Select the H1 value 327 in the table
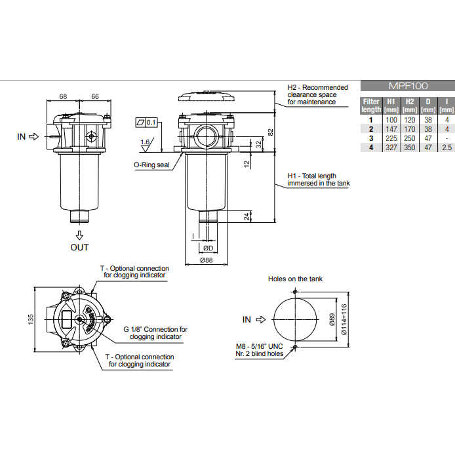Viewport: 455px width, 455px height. tap(391, 148)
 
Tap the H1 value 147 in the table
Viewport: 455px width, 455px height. tap(391, 130)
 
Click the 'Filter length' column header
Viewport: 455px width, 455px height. tap(371, 106)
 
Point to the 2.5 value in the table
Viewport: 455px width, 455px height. tap(446, 148)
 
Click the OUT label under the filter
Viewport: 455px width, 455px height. tap(79, 247)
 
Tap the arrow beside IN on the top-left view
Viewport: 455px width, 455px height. tap(35, 136)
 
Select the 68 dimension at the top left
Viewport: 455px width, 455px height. tap(63, 96)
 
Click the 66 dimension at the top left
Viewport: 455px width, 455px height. tap(94, 96)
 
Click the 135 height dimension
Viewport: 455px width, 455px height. tap(30, 319)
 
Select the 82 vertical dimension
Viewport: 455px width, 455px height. tap(269, 131)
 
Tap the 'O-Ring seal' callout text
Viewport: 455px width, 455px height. tap(151, 165)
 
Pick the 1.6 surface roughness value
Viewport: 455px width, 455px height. tap(144, 142)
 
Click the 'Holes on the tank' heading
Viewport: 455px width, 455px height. tap(295, 279)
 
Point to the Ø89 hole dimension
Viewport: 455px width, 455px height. tap(332, 319)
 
